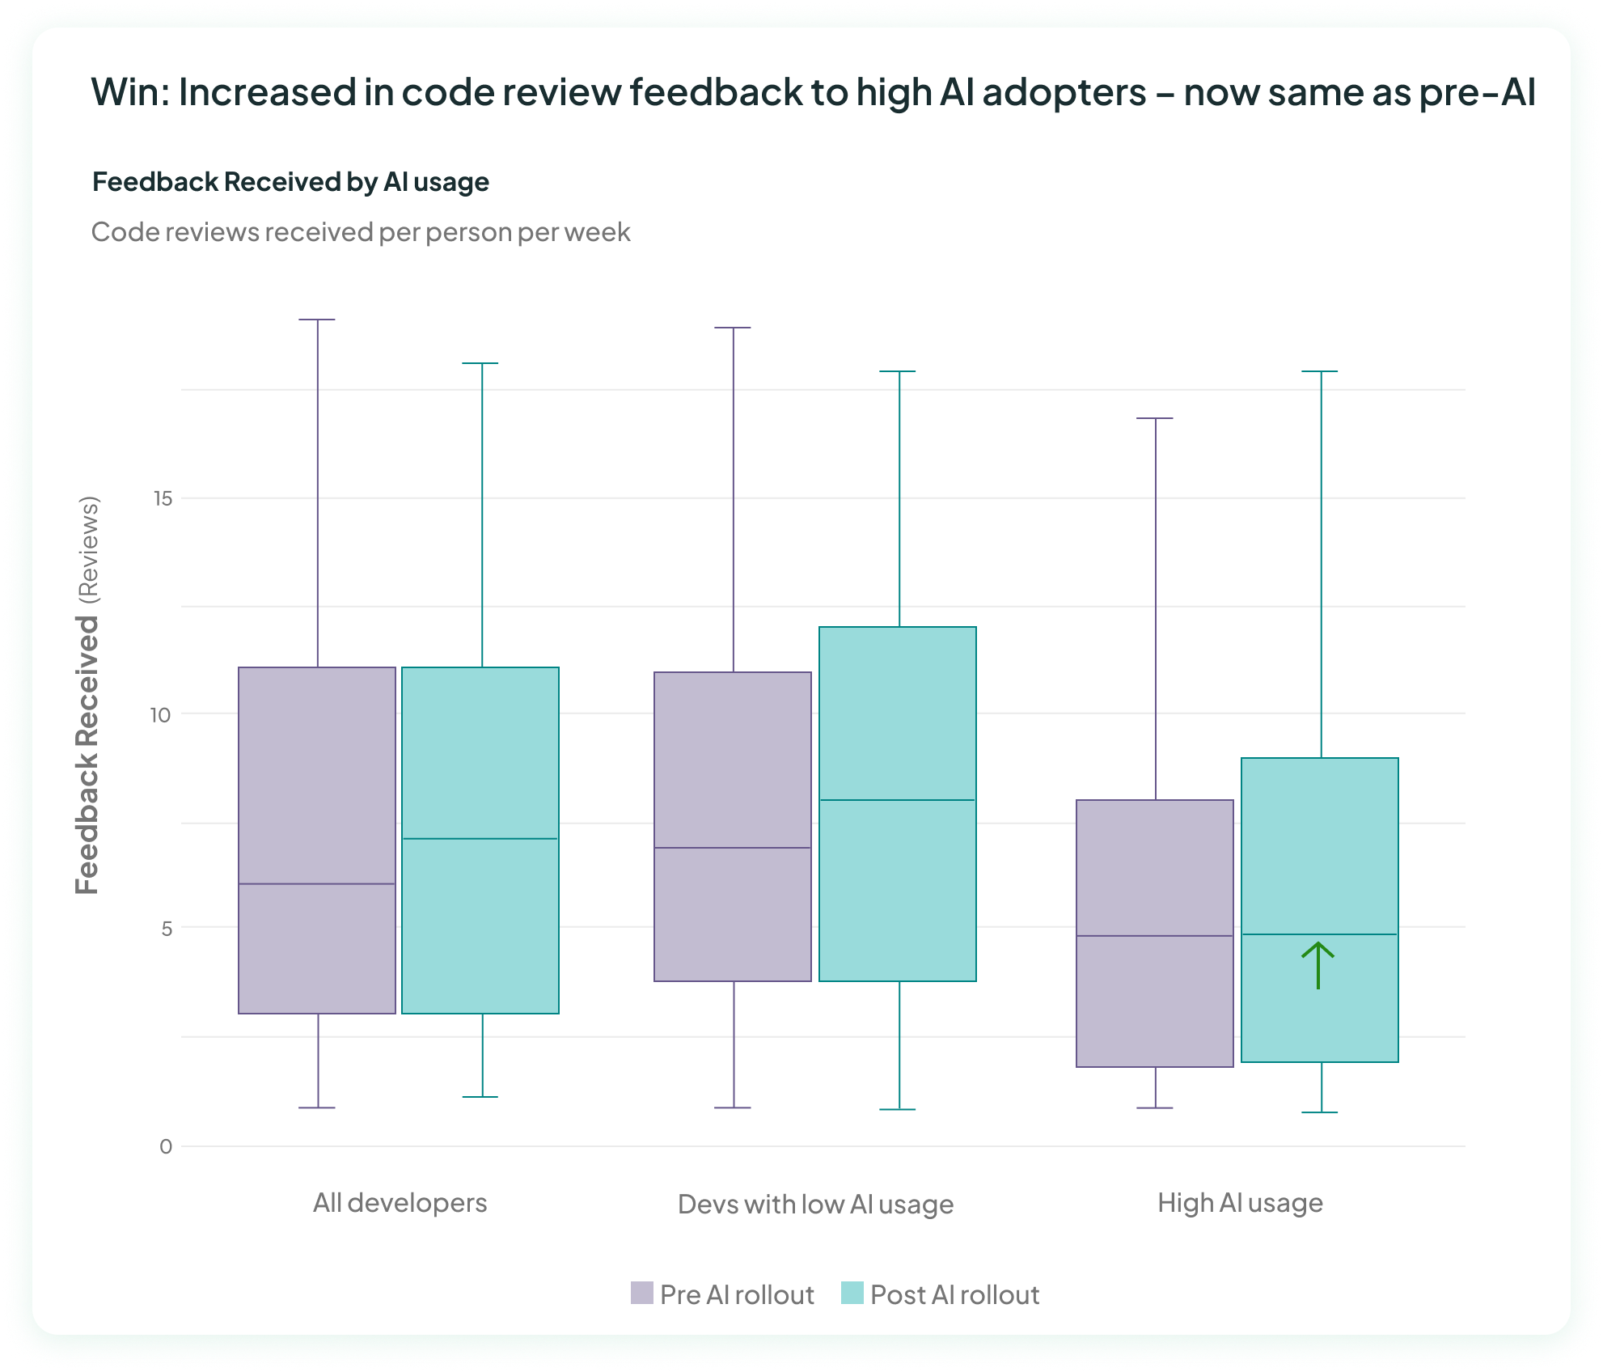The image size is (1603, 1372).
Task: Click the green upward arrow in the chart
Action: click(1318, 965)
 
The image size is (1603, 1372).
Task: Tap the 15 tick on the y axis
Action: click(163, 498)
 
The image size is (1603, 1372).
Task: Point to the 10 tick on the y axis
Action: click(160, 714)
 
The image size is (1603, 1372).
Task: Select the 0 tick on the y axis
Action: click(166, 1146)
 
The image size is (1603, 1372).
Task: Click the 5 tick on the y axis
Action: click(167, 929)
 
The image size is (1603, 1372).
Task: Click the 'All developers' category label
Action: click(400, 1203)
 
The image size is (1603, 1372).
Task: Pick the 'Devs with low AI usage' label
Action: click(815, 1205)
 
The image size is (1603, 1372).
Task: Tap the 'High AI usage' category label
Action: click(1240, 1203)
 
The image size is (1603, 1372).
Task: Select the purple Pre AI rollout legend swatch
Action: click(641, 1293)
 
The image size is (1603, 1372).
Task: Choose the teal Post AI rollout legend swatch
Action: click(852, 1293)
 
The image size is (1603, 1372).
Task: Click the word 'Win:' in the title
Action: click(129, 92)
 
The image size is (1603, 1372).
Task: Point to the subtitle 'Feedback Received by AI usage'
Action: click(290, 182)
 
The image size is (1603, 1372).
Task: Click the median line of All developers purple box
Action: click(317, 883)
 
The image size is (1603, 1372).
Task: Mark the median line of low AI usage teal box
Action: click(898, 800)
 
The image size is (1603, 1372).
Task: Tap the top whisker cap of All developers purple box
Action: click(317, 320)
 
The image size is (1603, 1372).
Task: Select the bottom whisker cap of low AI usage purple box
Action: click(734, 1107)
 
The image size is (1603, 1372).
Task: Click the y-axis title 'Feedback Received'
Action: click(87, 755)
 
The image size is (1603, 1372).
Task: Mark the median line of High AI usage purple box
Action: click(1155, 936)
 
